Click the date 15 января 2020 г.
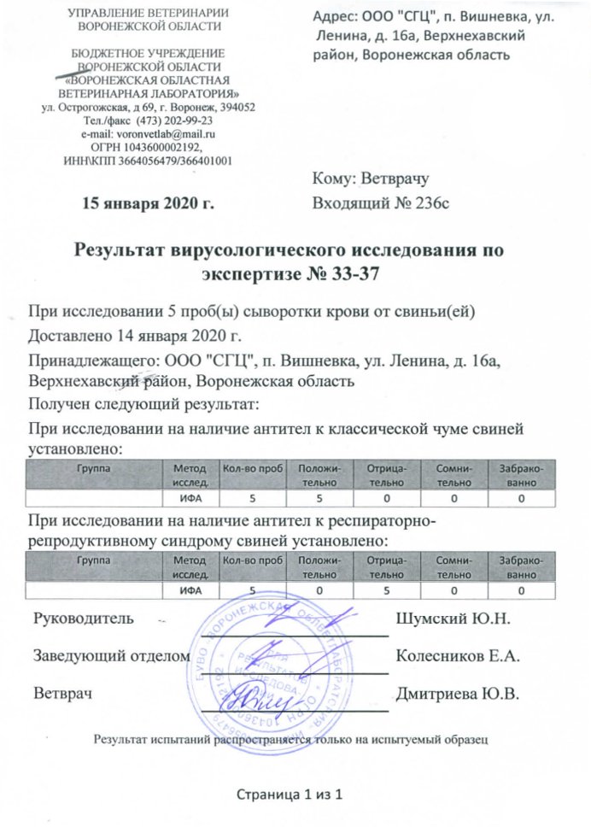146,203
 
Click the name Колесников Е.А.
459,655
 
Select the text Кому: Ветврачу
370,179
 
